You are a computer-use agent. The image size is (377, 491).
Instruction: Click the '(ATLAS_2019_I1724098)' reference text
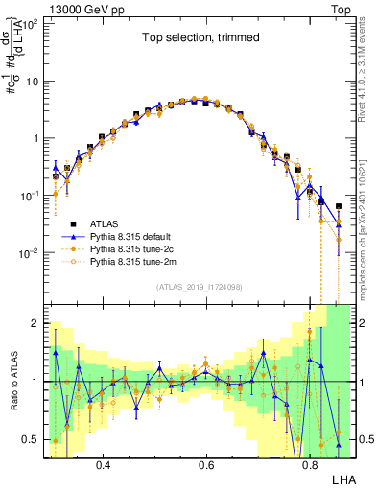pos(199,287)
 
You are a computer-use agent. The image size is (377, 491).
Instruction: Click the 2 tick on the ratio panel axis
pos(36,323)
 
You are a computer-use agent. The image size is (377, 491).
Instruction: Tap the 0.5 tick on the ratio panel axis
pos(32,440)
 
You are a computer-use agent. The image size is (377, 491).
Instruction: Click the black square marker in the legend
pos(76,222)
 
